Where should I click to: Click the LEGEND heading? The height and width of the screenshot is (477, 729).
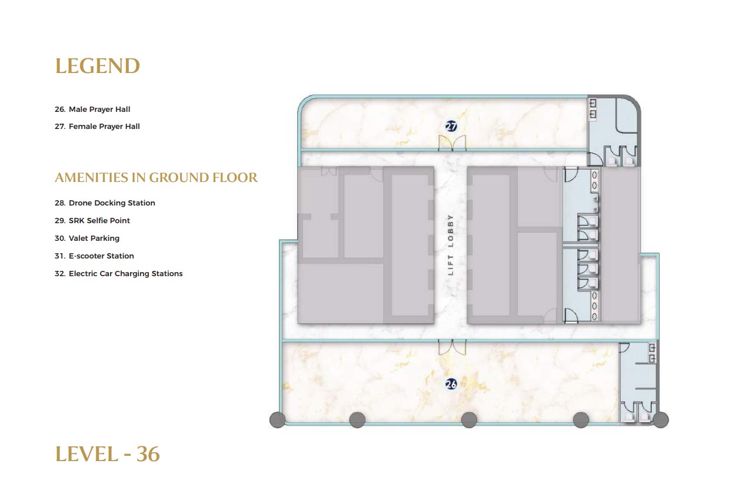click(98, 66)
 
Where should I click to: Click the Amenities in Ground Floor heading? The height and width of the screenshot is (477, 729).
click(157, 178)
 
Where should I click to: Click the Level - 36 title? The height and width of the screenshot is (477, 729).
click(108, 454)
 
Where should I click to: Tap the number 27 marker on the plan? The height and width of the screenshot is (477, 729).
click(451, 126)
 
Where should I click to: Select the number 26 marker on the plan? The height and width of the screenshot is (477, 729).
click(451, 385)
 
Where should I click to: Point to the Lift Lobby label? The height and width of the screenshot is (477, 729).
click(451, 245)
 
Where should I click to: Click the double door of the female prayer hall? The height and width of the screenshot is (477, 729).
click(452, 143)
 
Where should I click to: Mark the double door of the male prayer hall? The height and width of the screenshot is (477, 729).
click(452, 347)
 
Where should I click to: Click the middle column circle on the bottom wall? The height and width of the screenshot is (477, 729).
click(469, 420)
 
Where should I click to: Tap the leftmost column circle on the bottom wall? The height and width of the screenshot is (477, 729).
click(278, 420)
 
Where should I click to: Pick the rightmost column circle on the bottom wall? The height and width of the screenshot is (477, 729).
click(661, 420)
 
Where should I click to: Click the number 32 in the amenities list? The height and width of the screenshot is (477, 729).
click(60, 274)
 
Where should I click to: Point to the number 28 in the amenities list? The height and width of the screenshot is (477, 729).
click(60, 203)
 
